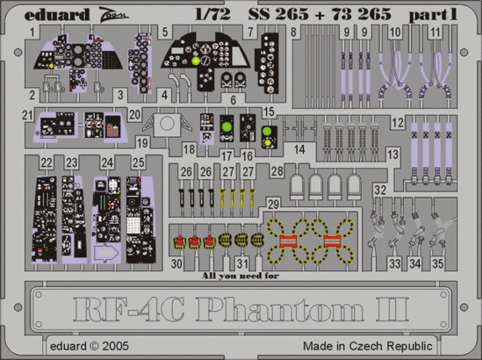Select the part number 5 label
pyautogui.click(x=165, y=32)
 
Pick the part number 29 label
pyautogui.click(x=274, y=205)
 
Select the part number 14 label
pyautogui.click(x=300, y=150)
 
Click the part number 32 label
pyautogui.click(x=378, y=190)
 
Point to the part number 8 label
pyautogui.click(x=293, y=32)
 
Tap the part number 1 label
pyautogui.click(x=32, y=32)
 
